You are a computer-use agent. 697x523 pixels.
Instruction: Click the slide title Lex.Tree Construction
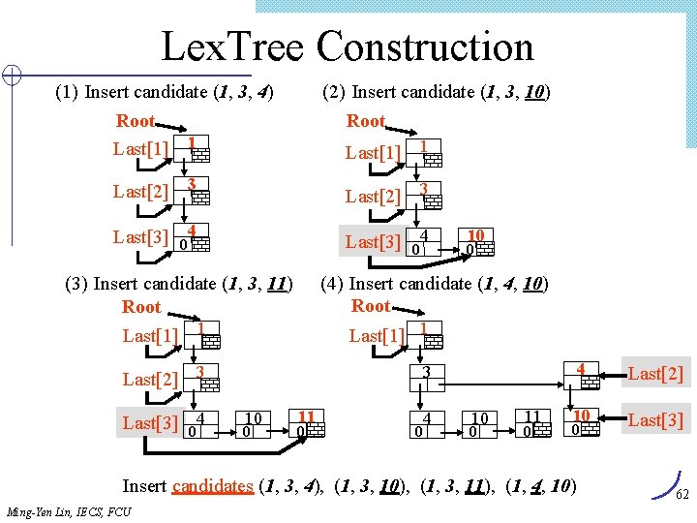[x=347, y=46]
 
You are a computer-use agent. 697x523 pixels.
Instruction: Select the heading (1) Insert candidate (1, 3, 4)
[x=164, y=93]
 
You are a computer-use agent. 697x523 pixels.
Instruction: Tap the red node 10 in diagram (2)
[x=475, y=235]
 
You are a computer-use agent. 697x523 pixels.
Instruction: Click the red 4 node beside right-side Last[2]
[x=580, y=368]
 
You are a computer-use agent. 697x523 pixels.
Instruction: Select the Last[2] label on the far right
[x=656, y=374]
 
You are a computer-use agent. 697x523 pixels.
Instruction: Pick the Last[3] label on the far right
[x=656, y=419]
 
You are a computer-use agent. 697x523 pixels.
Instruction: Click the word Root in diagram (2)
[x=366, y=121]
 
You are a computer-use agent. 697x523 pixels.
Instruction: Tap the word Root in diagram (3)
[x=141, y=307]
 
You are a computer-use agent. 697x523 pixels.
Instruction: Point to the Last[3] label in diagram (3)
[x=149, y=423]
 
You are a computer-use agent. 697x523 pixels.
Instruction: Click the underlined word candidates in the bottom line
[x=213, y=486]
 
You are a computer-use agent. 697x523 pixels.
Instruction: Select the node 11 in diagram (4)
[x=531, y=416]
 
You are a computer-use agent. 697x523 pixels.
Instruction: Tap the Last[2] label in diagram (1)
[x=140, y=191]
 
